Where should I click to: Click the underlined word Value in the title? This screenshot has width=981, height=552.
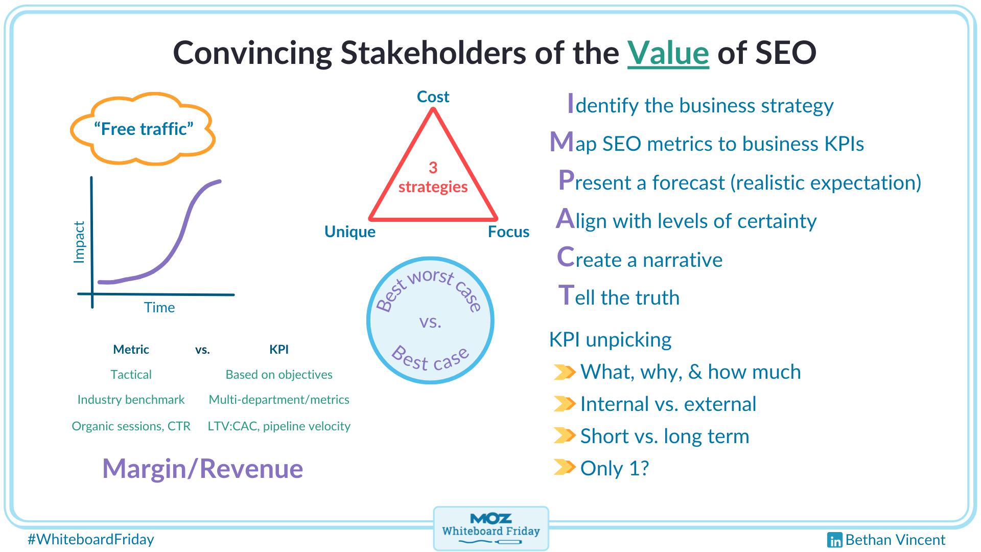[668, 53]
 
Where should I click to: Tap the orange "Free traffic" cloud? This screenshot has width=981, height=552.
[143, 129]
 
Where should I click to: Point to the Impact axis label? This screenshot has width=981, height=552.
[79, 242]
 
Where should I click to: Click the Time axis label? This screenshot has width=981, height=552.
[159, 307]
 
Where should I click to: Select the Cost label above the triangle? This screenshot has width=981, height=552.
[433, 97]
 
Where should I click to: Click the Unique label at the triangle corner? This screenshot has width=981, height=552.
[350, 232]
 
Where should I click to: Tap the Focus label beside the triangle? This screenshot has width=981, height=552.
[508, 232]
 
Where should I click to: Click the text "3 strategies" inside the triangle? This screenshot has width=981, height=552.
[433, 177]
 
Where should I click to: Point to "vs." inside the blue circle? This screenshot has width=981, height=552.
[430, 322]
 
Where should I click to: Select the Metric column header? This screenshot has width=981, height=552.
[131, 350]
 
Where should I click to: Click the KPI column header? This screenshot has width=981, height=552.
[279, 350]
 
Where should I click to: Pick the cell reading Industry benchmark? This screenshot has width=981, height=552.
[131, 400]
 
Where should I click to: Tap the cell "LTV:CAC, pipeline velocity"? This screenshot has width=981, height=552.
[279, 426]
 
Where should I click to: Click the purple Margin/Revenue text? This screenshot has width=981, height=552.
[203, 469]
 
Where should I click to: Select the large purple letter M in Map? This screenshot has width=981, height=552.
[562, 142]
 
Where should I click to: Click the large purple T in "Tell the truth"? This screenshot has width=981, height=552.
[567, 295]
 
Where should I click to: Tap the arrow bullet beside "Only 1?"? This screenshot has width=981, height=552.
[565, 467]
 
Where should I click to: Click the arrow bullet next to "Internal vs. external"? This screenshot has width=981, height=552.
[565, 403]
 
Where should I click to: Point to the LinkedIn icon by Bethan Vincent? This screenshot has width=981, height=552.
[835, 540]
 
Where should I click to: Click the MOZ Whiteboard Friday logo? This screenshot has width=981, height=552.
[491, 528]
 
